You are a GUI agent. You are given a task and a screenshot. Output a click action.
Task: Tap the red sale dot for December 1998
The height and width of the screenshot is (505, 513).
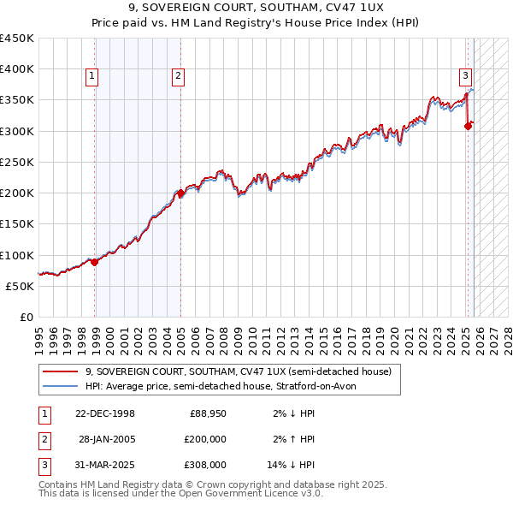tap(95, 263)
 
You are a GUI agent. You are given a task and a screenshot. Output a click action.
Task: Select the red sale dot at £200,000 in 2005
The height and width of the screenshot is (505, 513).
tap(181, 193)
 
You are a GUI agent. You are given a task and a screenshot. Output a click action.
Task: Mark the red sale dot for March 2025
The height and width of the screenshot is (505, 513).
tap(468, 127)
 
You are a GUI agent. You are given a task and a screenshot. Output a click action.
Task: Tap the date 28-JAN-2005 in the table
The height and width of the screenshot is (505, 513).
tap(107, 439)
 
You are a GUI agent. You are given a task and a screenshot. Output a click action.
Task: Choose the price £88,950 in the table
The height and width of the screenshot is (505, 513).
tap(208, 413)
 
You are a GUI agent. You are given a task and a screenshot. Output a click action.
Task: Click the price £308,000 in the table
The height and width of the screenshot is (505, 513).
tap(205, 465)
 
